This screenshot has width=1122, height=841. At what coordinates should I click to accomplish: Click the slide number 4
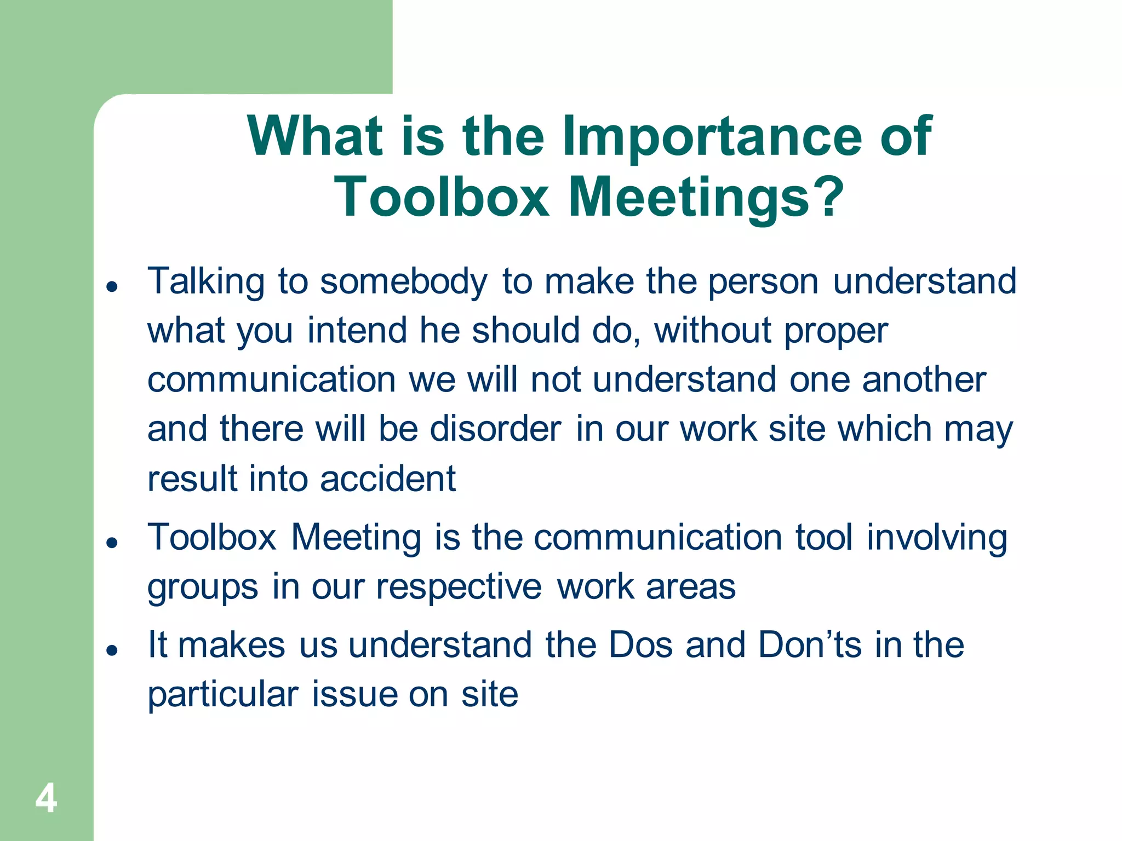pyautogui.click(x=46, y=798)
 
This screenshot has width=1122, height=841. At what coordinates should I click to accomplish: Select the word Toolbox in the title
pyautogui.click(x=442, y=197)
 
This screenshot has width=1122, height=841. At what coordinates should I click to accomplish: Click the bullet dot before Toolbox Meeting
pyautogui.click(x=112, y=542)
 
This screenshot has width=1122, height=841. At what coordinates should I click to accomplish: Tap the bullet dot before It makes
pyautogui.click(x=112, y=650)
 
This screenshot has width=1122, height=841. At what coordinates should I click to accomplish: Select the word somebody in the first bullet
pyautogui.click(x=403, y=281)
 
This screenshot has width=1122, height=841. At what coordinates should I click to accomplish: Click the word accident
pyautogui.click(x=387, y=479)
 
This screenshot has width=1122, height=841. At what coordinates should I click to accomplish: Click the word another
pyautogui.click(x=924, y=379)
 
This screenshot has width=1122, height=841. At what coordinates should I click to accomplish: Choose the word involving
pyautogui.click(x=937, y=538)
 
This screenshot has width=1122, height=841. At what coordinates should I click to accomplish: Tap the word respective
pyautogui.click(x=459, y=587)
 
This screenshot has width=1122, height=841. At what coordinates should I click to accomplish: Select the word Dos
pyautogui.click(x=640, y=645)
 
